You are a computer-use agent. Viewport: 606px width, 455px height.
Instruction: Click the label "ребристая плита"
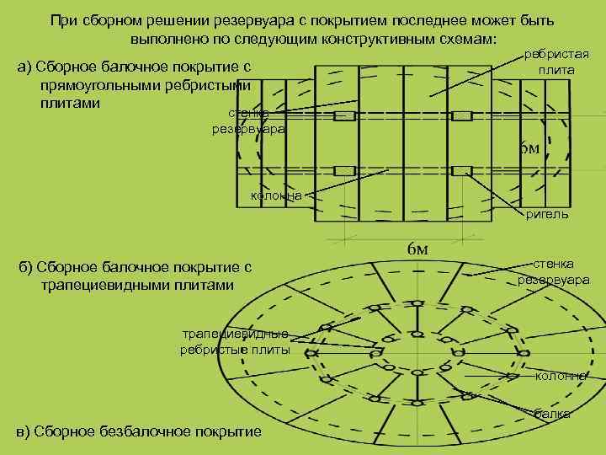pos(555,62)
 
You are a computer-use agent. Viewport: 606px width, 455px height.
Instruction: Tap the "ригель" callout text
pos(546,214)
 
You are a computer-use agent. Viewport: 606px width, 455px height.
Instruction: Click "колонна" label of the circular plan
pos(561,376)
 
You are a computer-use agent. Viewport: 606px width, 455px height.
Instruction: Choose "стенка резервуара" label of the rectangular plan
pos(248,121)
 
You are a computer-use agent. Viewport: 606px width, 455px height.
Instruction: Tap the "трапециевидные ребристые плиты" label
pos(235,341)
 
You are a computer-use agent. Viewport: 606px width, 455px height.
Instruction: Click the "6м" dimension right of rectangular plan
pos(528,148)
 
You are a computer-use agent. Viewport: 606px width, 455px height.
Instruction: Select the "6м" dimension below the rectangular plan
pos(417,249)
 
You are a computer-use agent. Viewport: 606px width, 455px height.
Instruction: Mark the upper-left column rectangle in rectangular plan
pos(345,116)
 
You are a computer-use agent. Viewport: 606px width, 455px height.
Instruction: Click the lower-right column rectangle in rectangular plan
pos(461,171)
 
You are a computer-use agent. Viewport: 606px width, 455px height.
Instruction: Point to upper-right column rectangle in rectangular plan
pos(461,116)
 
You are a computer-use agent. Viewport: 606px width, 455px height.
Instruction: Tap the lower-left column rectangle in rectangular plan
pos(345,171)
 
